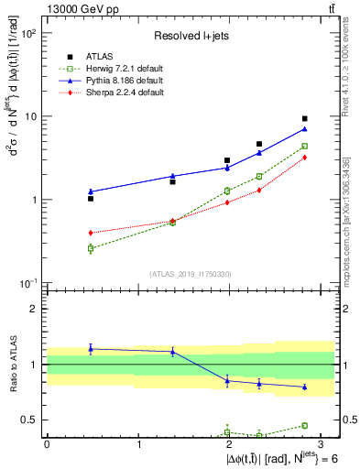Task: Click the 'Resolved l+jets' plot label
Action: point(191,36)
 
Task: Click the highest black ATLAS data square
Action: point(305,118)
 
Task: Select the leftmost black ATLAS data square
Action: point(91,198)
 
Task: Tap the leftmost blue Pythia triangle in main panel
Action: point(91,191)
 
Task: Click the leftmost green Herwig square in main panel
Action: point(91,248)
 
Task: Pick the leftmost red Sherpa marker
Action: point(91,233)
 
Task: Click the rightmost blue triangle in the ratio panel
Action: point(305,387)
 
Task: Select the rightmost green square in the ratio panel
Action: point(305,425)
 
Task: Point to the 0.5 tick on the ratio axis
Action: point(34,420)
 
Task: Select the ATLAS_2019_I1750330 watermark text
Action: point(191,274)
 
